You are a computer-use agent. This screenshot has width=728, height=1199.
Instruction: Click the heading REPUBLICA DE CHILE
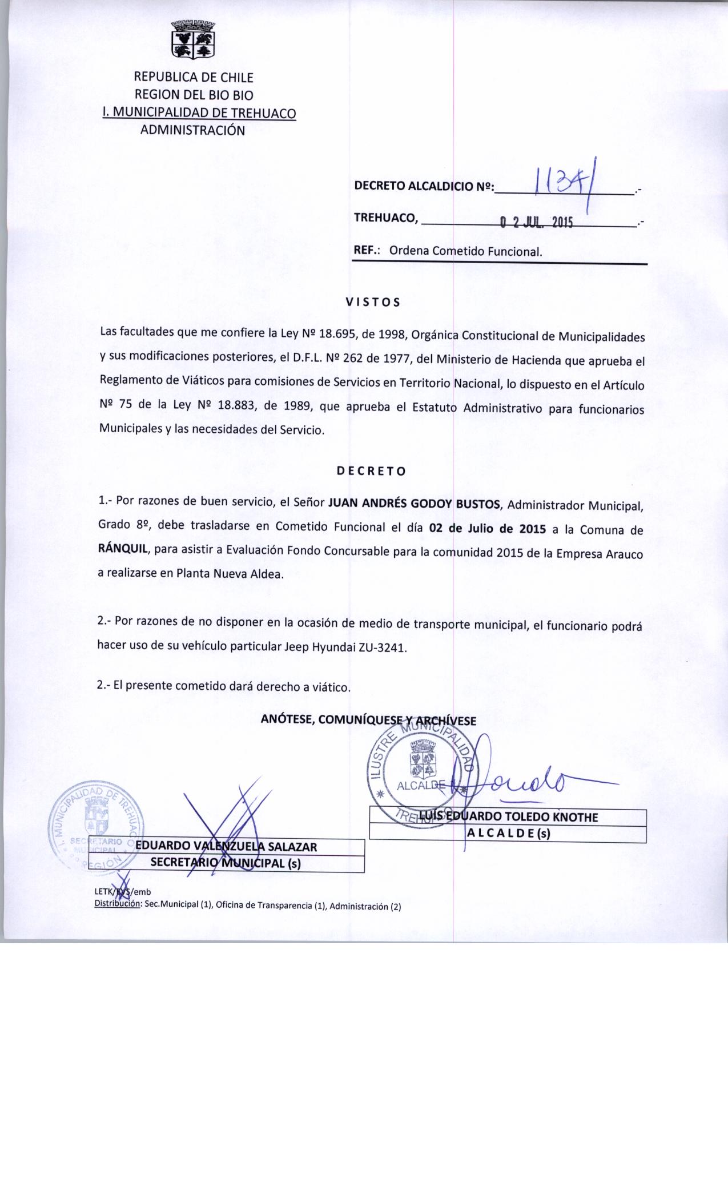click(193, 77)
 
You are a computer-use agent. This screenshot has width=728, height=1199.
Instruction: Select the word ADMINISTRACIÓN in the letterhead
click(193, 130)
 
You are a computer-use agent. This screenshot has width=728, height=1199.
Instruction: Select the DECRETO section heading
click(371, 471)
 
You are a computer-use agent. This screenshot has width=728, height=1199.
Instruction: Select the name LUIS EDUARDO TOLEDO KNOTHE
click(508, 817)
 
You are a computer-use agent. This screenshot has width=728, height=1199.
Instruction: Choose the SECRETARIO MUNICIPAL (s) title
click(226, 863)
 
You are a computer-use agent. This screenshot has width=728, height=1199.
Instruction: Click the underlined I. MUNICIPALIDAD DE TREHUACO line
click(199, 112)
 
